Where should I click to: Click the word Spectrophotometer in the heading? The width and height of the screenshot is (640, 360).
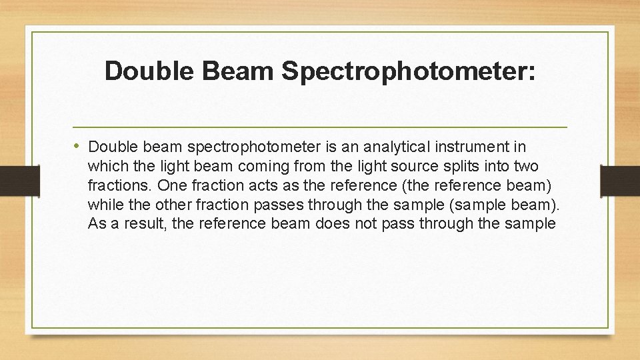[408, 71]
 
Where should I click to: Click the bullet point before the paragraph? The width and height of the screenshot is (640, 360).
[78, 145]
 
